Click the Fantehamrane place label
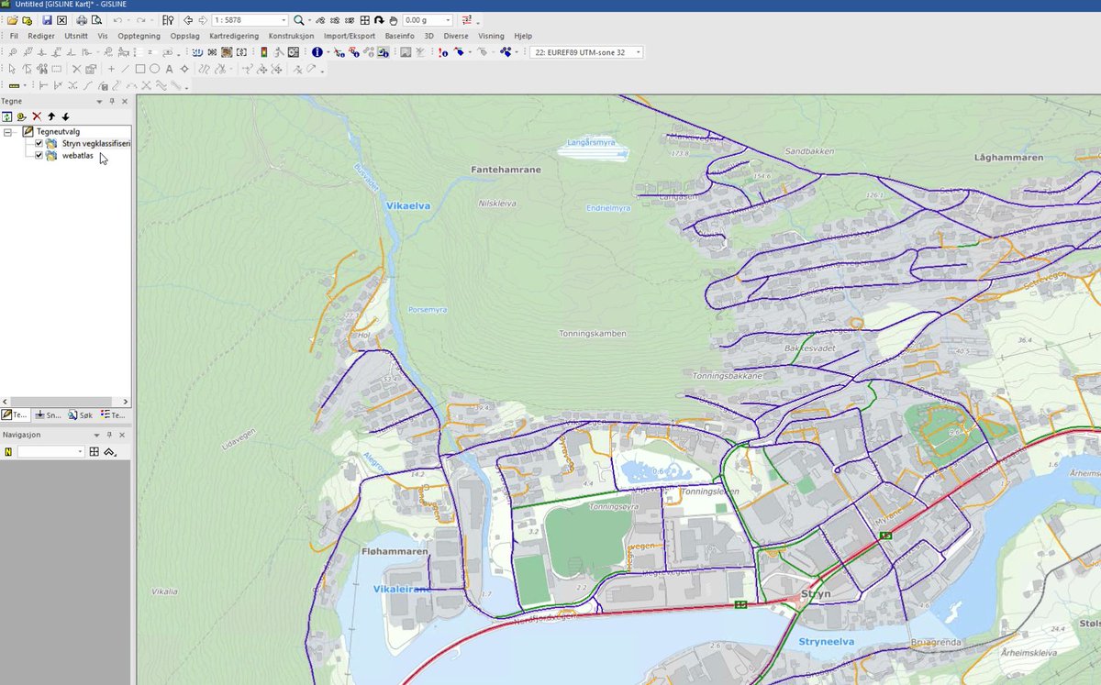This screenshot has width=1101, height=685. (506, 170)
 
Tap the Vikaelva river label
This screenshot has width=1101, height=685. (407, 206)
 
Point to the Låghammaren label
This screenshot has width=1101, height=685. (1009, 158)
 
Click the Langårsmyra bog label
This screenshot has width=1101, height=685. (590, 142)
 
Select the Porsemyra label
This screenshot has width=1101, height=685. (428, 310)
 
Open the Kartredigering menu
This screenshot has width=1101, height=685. (234, 36)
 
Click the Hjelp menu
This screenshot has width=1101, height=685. (523, 36)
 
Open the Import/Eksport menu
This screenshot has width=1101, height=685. (349, 36)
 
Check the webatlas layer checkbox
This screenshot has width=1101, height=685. (39, 156)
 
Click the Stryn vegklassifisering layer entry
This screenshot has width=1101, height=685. (96, 144)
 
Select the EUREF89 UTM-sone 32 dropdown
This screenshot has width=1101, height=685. (585, 52)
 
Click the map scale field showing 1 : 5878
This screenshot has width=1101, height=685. (249, 20)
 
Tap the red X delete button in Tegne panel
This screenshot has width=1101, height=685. (37, 116)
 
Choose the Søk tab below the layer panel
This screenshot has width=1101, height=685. (81, 415)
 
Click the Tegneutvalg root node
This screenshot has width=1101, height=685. (59, 132)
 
